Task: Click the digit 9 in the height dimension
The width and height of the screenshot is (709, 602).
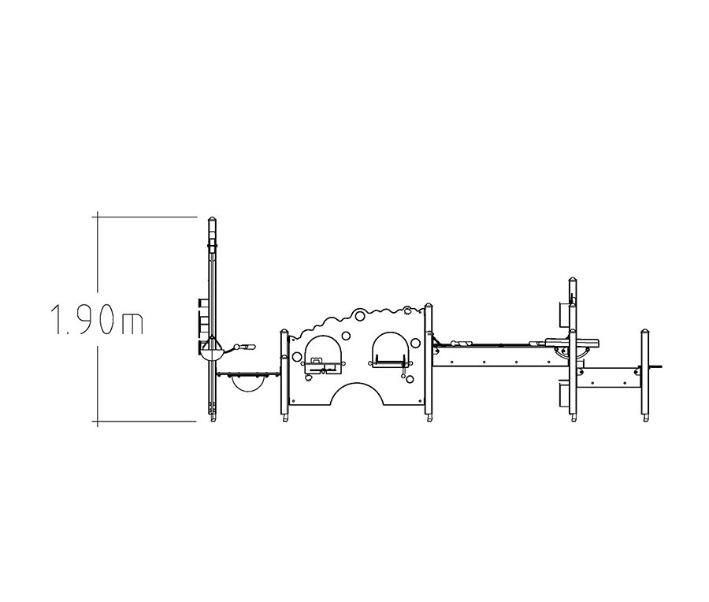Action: tap(86, 319)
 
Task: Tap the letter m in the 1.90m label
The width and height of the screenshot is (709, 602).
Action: tap(132, 323)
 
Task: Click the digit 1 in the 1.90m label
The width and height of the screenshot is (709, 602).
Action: tap(57, 319)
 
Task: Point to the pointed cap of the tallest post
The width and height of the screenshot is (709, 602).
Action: tap(213, 221)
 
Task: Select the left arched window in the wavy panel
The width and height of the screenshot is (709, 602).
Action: tap(324, 352)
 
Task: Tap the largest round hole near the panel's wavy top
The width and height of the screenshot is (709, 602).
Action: tap(360, 315)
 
